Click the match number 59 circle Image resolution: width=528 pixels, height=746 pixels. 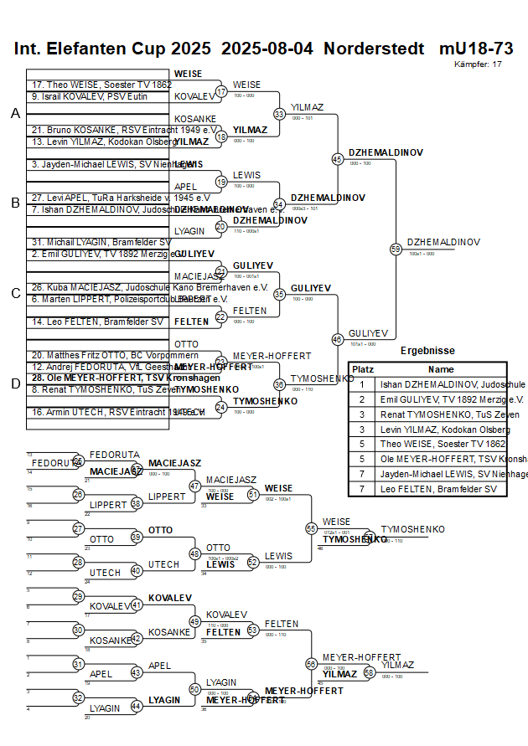(396, 249)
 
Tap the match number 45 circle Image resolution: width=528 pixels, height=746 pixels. (338, 159)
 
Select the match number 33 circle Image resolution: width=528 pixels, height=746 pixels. (279, 114)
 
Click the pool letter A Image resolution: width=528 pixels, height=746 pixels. (15, 114)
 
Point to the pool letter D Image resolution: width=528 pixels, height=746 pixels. (15, 383)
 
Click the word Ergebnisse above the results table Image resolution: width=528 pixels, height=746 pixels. (427, 351)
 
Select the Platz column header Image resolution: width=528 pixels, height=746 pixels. (362, 369)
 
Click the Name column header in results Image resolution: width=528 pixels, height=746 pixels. (441, 369)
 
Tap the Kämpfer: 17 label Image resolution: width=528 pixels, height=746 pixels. (479, 64)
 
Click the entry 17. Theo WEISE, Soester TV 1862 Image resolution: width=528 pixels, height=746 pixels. (101, 85)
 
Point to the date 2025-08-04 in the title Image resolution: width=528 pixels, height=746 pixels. (267, 49)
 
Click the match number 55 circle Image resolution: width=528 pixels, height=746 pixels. (311, 528)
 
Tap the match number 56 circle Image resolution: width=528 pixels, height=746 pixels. (311, 663)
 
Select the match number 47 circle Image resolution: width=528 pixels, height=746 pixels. (194, 486)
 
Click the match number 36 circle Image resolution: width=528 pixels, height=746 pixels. (279, 384)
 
